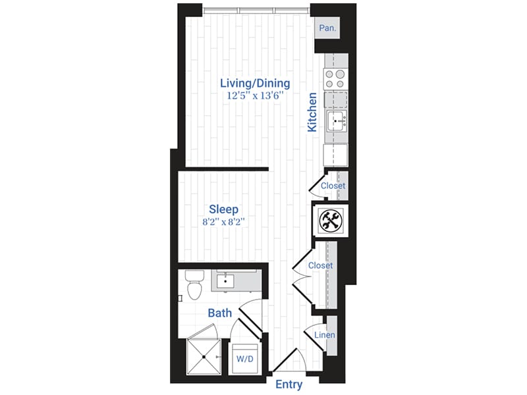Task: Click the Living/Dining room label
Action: pyautogui.click(x=254, y=83)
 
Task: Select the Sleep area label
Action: pyautogui.click(x=223, y=209)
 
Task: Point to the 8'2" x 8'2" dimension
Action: pyautogui.click(x=224, y=222)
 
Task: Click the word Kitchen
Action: pyautogui.click(x=312, y=111)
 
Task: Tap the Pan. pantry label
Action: pyautogui.click(x=327, y=28)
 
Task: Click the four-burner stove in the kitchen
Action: pyautogui.click(x=335, y=78)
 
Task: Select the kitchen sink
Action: pyautogui.click(x=337, y=120)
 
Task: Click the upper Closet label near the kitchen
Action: pyautogui.click(x=333, y=186)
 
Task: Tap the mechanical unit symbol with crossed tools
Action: pyautogui.click(x=329, y=220)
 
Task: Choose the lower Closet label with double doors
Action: pyautogui.click(x=320, y=266)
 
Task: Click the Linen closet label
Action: pyautogui.click(x=324, y=335)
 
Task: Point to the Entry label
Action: pyautogui.click(x=289, y=384)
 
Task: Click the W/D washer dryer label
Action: pyautogui.click(x=244, y=359)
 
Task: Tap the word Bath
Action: pyautogui.click(x=219, y=313)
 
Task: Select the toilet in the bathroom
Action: pyautogui.click(x=193, y=284)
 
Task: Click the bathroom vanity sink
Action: pyautogui.click(x=227, y=281)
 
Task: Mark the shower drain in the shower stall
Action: pyautogui.click(x=204, y=356)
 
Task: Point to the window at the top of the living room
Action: pyautogui.click(x=256, y=9)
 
